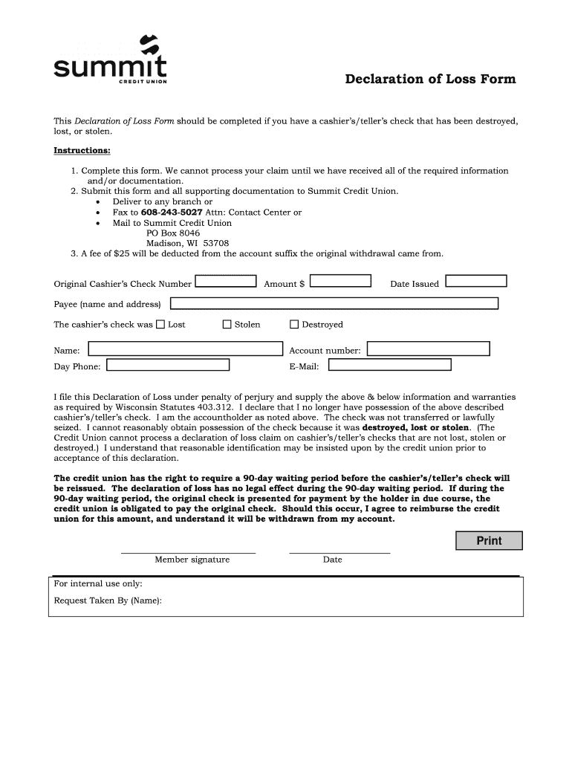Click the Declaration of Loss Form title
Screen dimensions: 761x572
429,79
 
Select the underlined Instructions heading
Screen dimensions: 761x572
82,151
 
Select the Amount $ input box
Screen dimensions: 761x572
340,281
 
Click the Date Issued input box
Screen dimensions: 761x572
476,281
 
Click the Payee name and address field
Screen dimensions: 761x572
334,303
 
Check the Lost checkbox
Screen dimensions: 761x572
160,324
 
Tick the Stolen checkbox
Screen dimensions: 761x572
227,324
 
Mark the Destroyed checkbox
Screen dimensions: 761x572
294,324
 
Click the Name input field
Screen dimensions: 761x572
186,349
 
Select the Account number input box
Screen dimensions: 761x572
429,349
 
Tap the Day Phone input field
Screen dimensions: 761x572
167,365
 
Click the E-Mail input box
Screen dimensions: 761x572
389,365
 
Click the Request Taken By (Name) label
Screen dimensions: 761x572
108,600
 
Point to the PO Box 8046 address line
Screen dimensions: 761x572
173,233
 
